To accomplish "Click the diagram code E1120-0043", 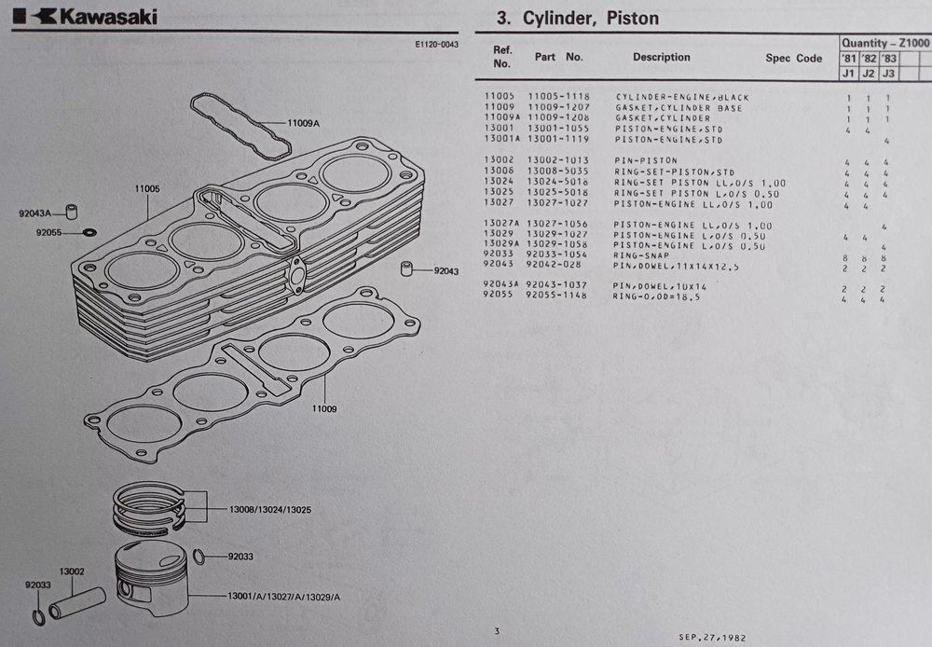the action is (436, 44).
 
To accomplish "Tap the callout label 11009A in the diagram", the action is (303, 123).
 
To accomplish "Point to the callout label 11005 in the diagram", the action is (147, 188).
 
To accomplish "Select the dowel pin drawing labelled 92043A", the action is (72, 212).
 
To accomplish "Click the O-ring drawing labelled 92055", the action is (90, 232).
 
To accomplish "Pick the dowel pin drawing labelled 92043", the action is (406, 268).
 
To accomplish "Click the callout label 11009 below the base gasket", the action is (324, 408).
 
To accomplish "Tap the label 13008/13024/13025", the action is (270, 510).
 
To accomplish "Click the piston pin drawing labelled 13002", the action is (76, 603).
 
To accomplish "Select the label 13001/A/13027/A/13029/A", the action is (284, 597).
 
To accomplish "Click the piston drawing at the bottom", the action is (152, 577).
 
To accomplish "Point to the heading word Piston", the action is (633, 19).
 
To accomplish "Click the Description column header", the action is (662, 57).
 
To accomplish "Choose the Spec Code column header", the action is (793, 59).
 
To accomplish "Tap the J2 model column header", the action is (869, 73).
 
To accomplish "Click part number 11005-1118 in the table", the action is (558, 96).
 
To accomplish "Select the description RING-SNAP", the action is (641, 255).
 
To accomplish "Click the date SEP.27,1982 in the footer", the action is (712, 638).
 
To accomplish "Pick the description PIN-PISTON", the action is (646, 160).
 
